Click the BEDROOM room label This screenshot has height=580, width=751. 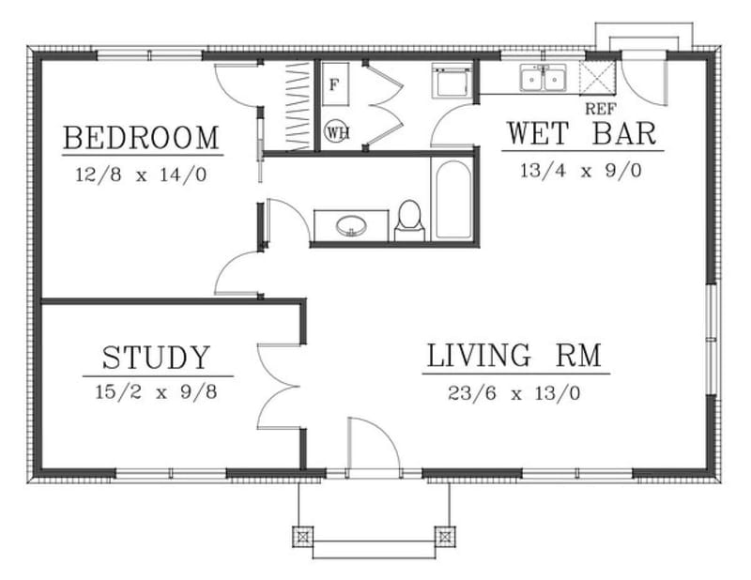(x=141, y=138)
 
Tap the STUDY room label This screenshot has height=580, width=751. (x=156, y=358)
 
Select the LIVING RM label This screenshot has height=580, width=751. (x=513, y=357)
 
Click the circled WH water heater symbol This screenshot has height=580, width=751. (x=337, y=131)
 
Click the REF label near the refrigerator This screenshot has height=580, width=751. (x=598, y=108)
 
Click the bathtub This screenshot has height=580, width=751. (x=452, y=199)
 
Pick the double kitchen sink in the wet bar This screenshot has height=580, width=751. (x=544, y=79)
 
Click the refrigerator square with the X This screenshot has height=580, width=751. (x=597, y=76)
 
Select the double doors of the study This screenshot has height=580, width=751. (x=282, y=385)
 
